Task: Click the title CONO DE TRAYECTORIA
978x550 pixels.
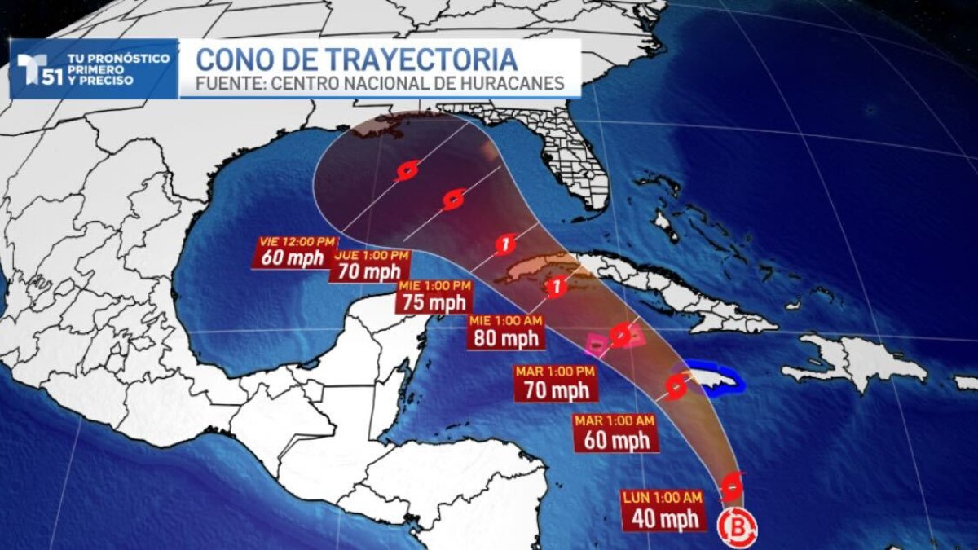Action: pyautogui.click(x=356, y=59)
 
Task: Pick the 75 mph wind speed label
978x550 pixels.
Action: pyautogui.click(x=434, y=303)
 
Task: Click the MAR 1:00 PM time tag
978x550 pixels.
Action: pyautogui.click(x=554, y=372)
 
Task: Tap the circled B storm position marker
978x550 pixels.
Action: pyautogui.click(x=737, y=527)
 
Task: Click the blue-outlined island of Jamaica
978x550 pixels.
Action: pyautogui.click(x=711, y=379)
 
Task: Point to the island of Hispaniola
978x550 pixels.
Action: pyautogui.click(x=856, y=363)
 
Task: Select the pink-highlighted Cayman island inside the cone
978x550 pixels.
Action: pyautogui.click(x=597, y=345)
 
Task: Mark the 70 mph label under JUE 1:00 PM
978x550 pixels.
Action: pyautogui.click(x=370, y=272)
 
